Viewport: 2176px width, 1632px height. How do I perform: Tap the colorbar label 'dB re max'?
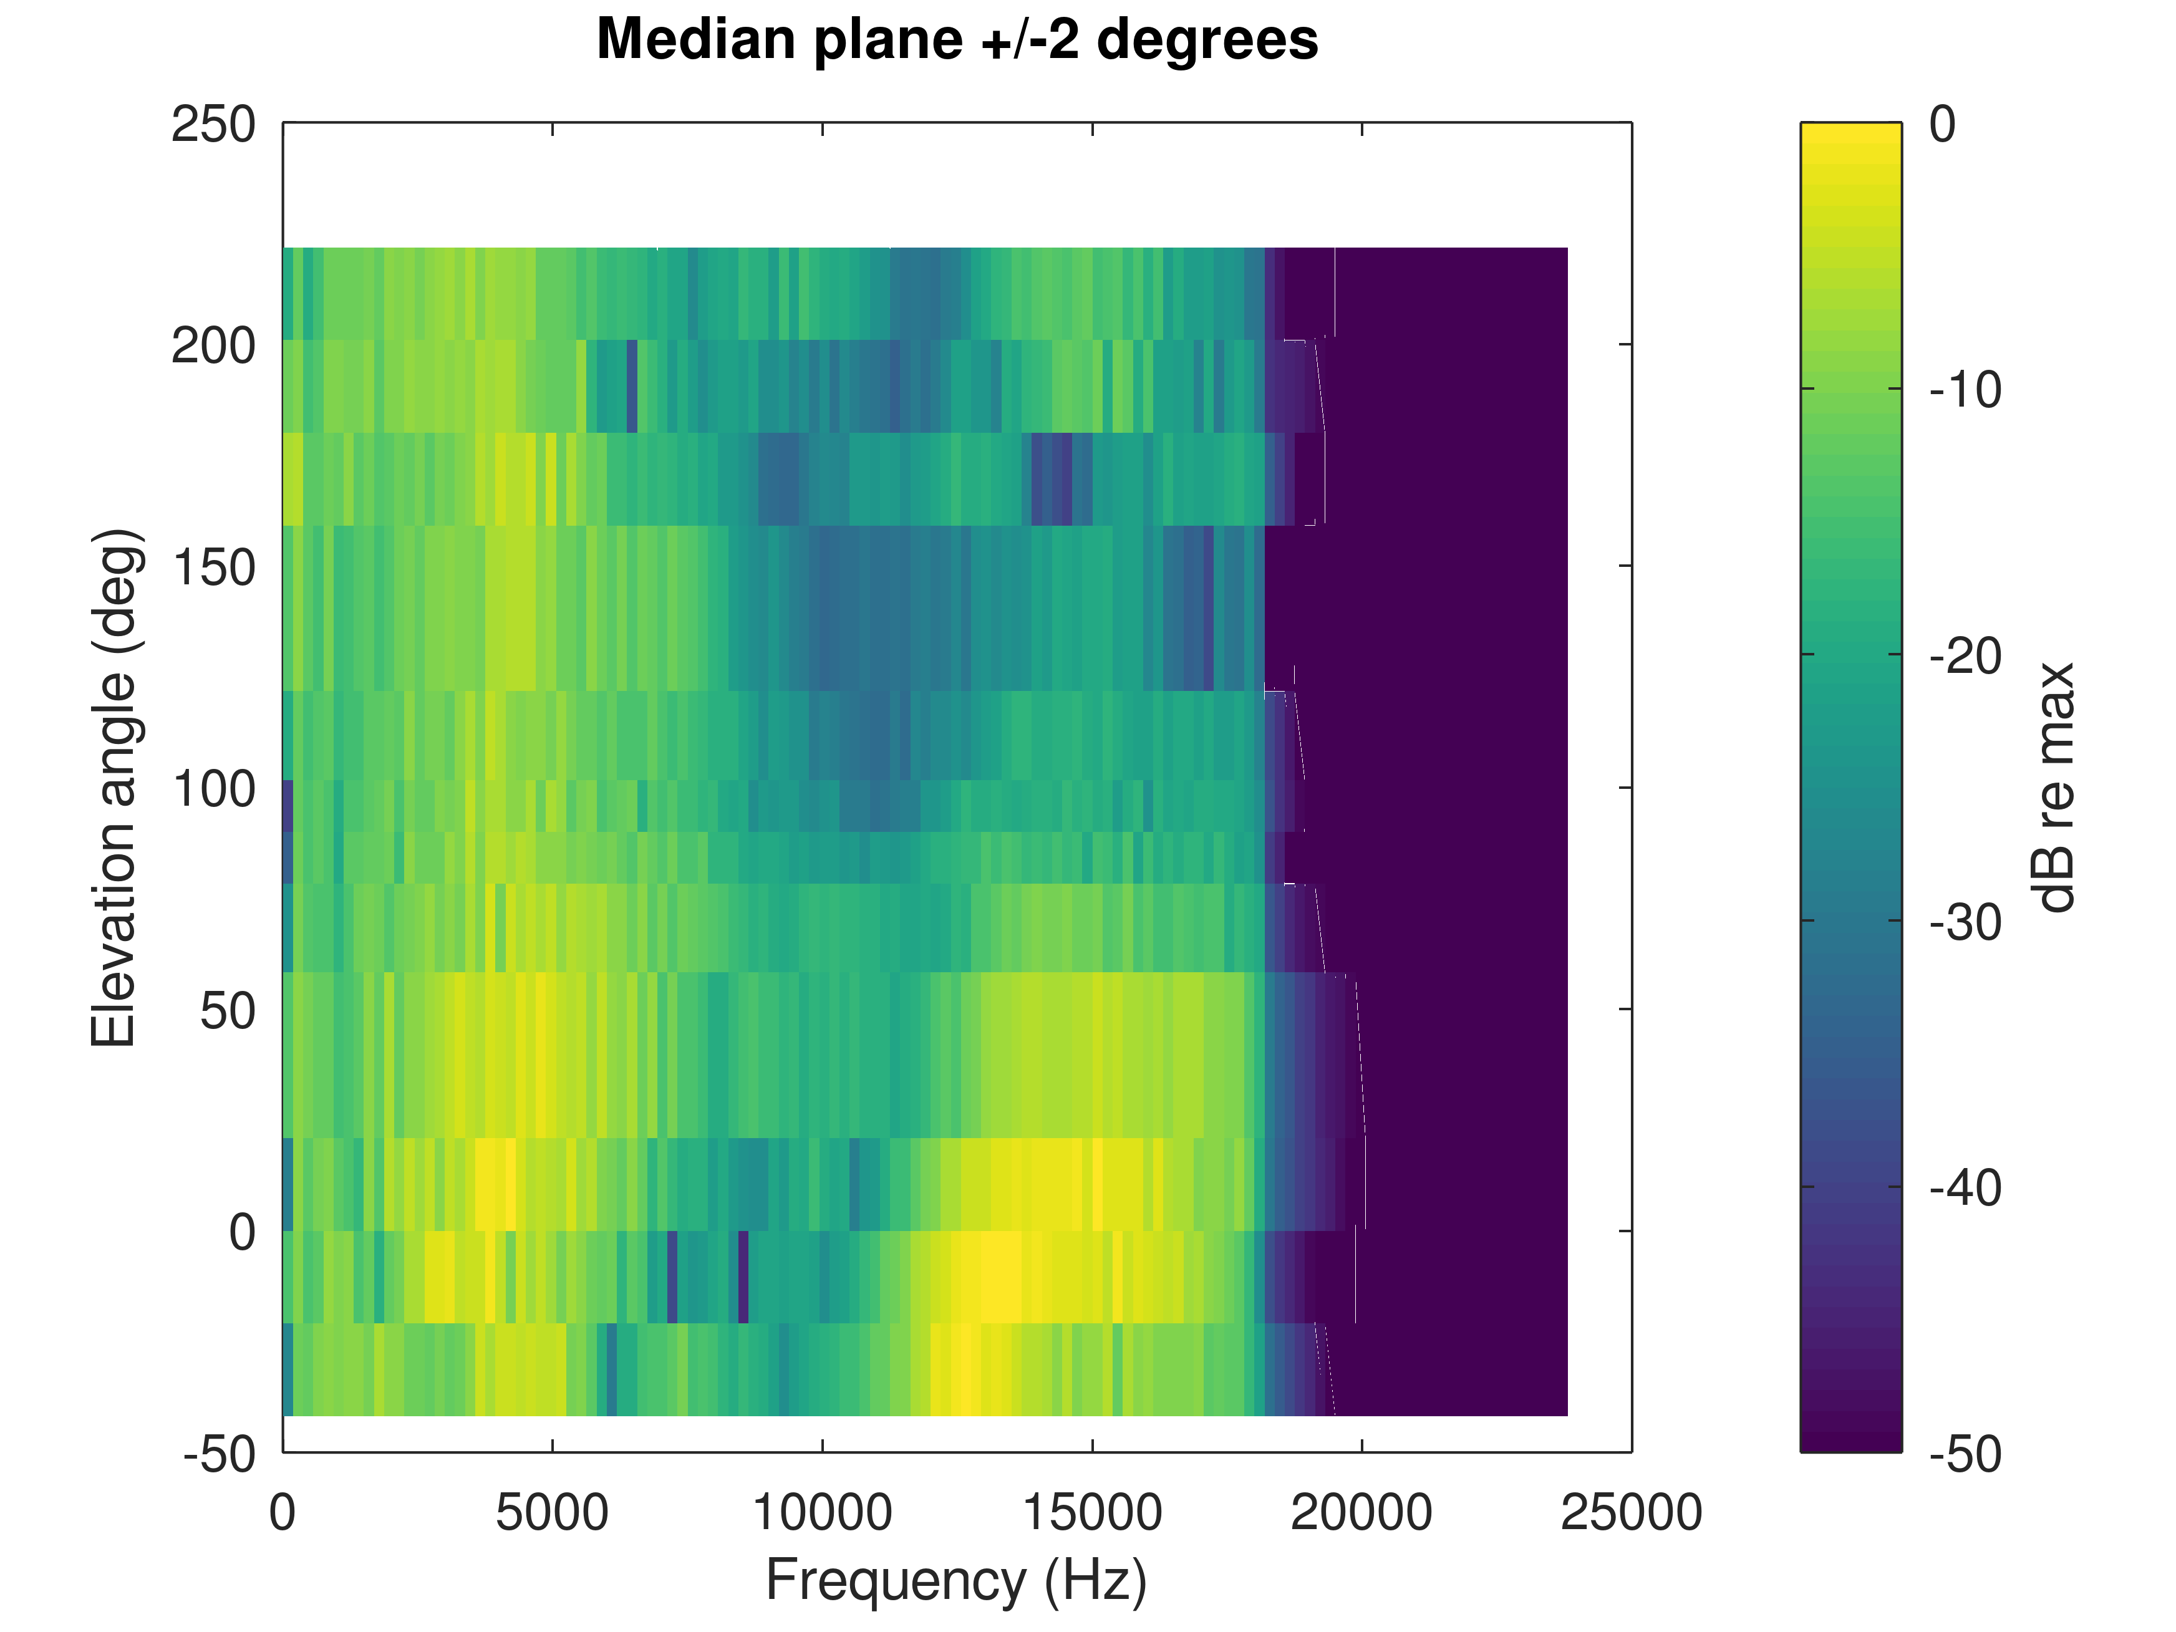[x=2054, y=787]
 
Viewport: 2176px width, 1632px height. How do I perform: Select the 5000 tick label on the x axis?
[x=552, y=1513]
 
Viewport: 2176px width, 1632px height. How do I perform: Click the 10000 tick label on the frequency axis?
[x=823, y=1513]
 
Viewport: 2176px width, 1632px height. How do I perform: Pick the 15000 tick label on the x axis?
[x=1092, y=1513]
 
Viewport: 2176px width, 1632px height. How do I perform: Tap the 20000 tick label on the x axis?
[x=1361, y=1513]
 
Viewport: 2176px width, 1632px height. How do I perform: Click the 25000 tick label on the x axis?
[x=1631, y=1513]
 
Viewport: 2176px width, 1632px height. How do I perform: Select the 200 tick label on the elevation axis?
[x=213, y=346]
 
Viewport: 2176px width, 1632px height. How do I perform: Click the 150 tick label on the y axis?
[x=213, y=567]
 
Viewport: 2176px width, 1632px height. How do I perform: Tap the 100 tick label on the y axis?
[x=213, y=789]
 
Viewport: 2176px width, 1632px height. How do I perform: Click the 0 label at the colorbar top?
[x=1943, y=125]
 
